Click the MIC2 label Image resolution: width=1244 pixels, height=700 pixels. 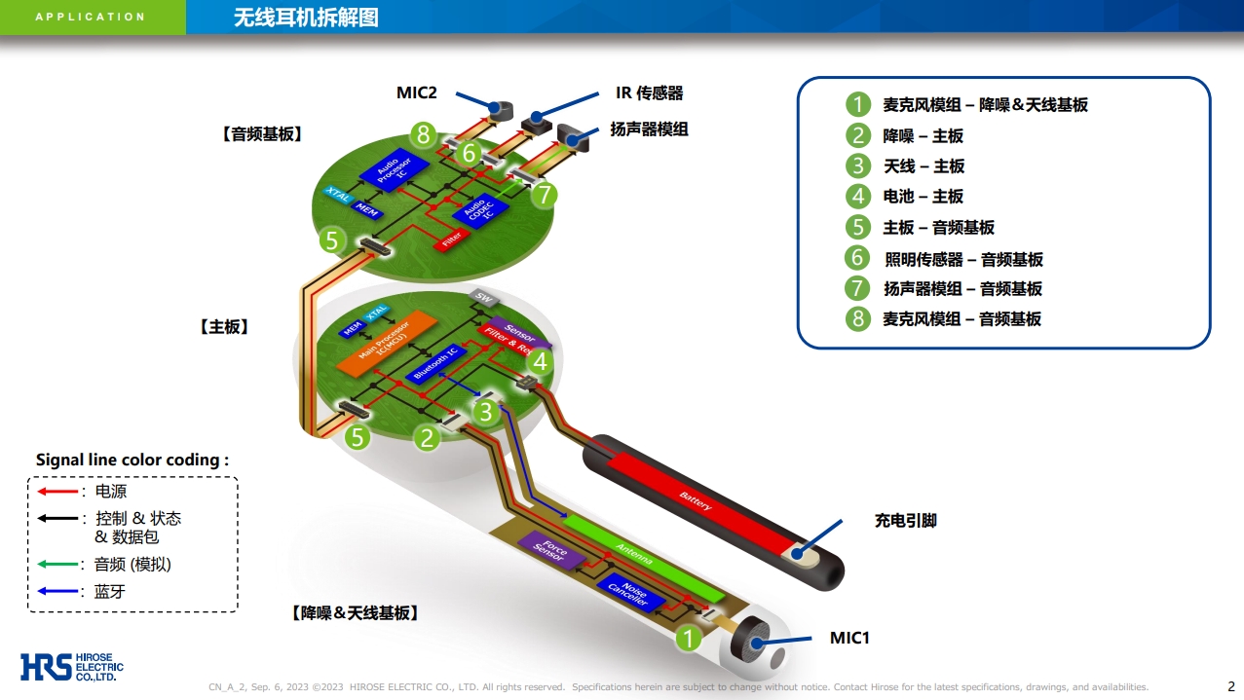(416, 92)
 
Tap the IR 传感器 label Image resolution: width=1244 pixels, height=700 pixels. (649, 92)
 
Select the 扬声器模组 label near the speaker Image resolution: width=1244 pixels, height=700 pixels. (649, 129)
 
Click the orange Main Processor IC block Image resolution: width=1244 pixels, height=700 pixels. (384, 342)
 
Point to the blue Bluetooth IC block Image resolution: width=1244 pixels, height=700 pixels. (435, 363)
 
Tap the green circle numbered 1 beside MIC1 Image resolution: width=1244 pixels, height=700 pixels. (689, 639)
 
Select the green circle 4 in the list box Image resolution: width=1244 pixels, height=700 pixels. (857, 197)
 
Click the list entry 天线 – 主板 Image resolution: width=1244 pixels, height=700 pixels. (924, 166)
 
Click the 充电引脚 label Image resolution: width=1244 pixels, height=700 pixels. (905, 521)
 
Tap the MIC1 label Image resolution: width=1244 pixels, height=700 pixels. (849, 638)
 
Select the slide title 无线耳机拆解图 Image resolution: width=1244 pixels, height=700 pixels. (306, 18)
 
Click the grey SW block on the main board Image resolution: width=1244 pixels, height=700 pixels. (482, 296)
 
